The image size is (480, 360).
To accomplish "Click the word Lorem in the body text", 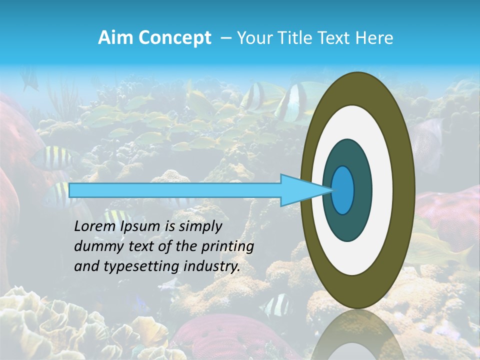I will [x=94, y=226].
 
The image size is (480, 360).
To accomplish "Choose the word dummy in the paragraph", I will [x=95, y=246].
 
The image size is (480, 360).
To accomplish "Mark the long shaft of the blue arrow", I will [x=175, y=190].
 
